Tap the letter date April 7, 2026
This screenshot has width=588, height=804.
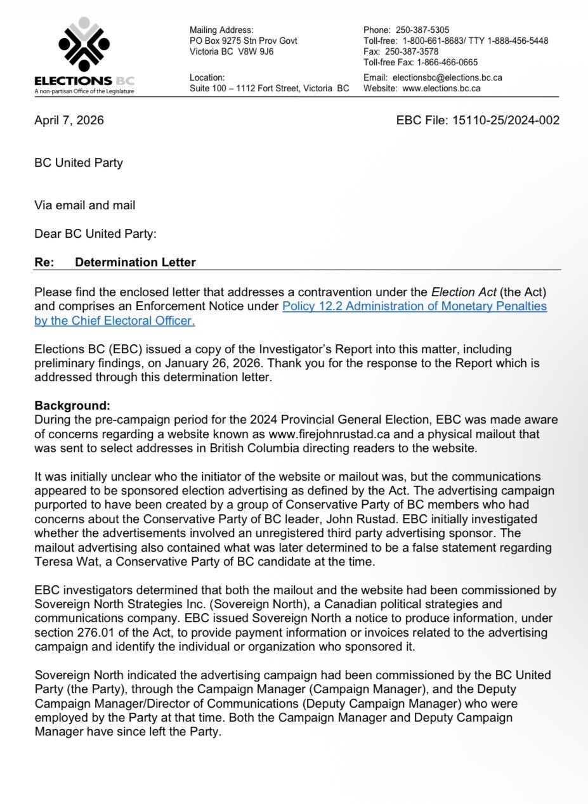[69, 120]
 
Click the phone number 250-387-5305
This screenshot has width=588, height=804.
[423, 30]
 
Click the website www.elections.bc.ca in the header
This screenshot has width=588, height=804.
[441, 88]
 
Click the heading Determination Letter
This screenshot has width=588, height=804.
[135, 262]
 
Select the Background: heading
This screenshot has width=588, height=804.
[72, 405]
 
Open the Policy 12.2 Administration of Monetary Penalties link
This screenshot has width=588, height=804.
[414, 306]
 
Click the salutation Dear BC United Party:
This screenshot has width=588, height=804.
[95, 233]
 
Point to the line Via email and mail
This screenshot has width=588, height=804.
[84, 205]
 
